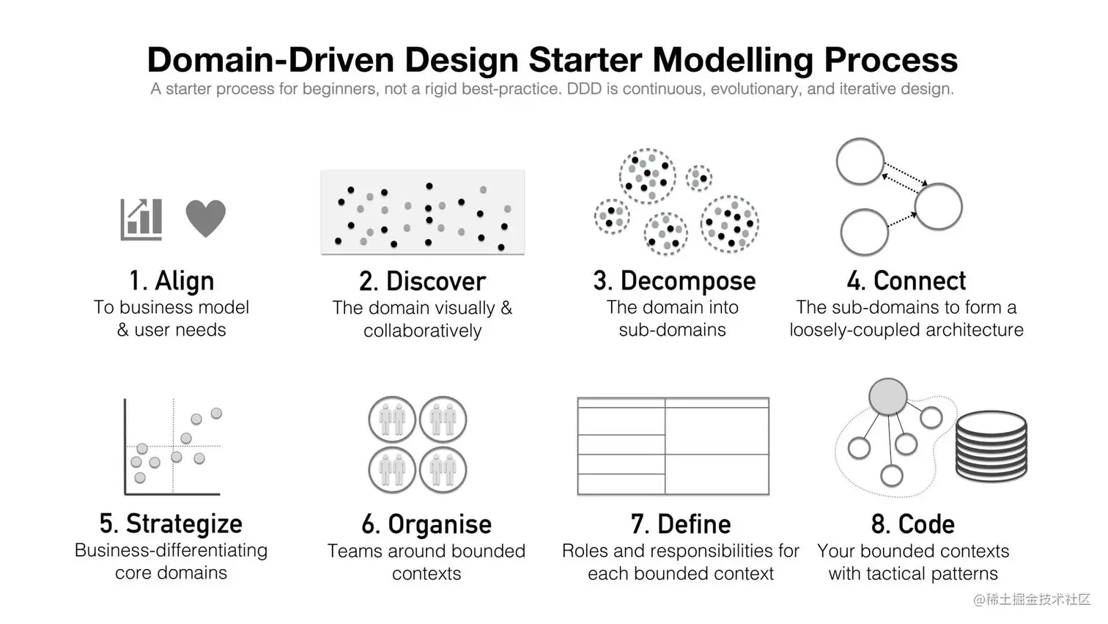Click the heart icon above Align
click(x=206, y=219)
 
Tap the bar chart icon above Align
click(x=141, y=219)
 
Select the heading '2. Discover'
click(x=422, y=281)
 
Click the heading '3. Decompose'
click(x=675, y=281)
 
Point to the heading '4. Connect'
click(x=906, y=281)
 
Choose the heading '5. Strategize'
click(x=171, y=524)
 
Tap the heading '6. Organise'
click(x=426, y=524)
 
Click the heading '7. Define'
click(x=681, y=524)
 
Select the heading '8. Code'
click(x=913, y=524)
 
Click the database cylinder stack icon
click(x=991, y=446)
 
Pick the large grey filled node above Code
click(x=888, y=397)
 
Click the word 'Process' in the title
click(x=890, y=60)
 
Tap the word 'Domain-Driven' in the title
click(x=271, y=60)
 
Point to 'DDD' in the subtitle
click(x=584, y=89)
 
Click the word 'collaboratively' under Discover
click(x=422, y=331)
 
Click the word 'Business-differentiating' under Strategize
click(x=171, y=550)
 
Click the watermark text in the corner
click(x=1032, y=599)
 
